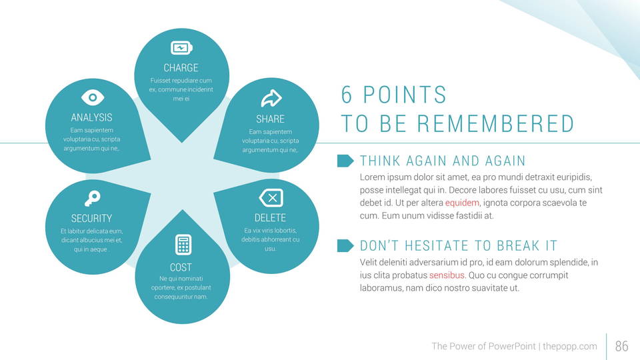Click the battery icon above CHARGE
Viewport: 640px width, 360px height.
tap(181, 48)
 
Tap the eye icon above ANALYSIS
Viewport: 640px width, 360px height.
tap(93, 97)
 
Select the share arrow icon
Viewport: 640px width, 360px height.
tap(271, 99)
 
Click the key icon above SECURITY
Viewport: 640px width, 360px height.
tap(92, 199)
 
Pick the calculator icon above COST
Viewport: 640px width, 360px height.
tap(183, 245)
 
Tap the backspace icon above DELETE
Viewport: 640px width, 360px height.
tap(271, 199)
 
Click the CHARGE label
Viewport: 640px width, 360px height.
tap(181, 68)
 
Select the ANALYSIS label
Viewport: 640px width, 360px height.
tap(91, 117)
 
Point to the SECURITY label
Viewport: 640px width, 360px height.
tap(91, 219)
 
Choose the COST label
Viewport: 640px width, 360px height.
tap(181, 267)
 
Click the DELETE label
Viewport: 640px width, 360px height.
tap(270, 217)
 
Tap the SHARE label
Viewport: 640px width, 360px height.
tap(270, 119)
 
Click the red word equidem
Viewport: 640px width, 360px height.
tap(462, 203)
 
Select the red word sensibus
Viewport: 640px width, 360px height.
tap(447, 275)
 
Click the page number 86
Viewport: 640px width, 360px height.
tap(621, 346)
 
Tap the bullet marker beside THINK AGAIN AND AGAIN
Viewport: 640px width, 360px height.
tap(345, 161)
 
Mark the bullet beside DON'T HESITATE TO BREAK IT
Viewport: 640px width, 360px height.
tap(345, 246)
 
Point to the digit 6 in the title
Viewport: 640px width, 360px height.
tap(347, 95)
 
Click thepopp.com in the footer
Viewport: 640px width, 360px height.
tap(570, 346)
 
